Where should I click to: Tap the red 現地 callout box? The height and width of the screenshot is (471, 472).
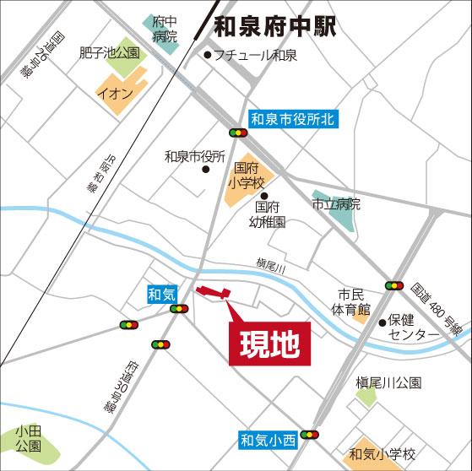[x=267, y=344]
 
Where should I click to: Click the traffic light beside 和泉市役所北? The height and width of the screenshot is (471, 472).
[x=238, y=133]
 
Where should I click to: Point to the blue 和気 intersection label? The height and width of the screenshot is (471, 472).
[x=161, y=294]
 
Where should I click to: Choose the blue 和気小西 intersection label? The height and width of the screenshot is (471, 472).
[x=267, y=439]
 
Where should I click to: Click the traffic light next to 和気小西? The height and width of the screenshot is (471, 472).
[x=310, y=435]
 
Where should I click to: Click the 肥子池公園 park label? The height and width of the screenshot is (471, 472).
[x=109, y=52]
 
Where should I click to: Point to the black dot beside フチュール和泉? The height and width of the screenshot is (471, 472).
[x=209, y=56]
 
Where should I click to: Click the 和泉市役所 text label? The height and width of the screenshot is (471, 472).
[x=194, y=156]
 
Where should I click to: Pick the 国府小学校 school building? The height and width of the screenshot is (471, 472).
[x=244, y=184]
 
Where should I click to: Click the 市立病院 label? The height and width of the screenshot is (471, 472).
[x=336, y=203]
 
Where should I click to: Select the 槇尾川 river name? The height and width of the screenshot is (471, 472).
[x=271, y=266]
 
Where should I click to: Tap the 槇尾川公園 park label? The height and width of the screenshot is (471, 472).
[x=388, y=382]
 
